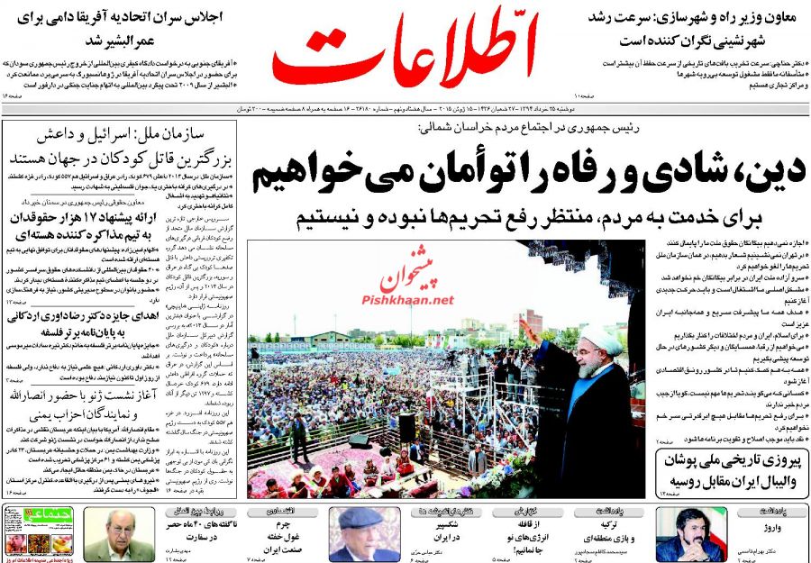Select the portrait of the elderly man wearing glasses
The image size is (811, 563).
pos(117,534)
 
